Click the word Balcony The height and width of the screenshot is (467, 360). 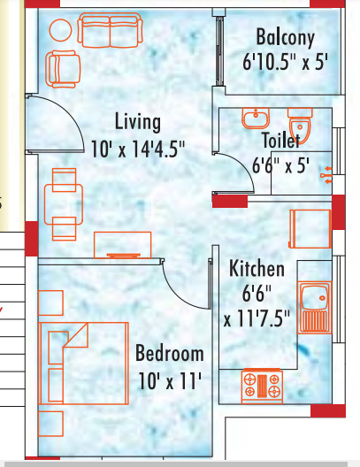(286, 37)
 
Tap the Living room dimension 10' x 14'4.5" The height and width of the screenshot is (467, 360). (138, 149)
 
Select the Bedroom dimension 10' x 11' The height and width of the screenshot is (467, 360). (170, 381)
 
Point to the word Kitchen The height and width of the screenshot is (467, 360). (257, 269)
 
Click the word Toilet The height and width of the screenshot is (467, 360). (280, 140)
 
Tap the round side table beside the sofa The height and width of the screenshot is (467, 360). (60, 30)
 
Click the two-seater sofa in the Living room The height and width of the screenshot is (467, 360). (110, 30)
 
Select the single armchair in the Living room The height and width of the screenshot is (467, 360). (63, 69)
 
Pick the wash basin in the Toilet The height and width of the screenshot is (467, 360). (256, 118)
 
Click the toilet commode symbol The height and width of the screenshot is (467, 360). (300, 125)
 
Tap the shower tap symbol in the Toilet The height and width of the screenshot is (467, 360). (326, 175)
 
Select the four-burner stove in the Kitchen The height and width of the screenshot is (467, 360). (262, 387)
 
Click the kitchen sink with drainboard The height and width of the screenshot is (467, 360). (315, 307)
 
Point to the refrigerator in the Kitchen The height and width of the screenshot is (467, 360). (310, 229)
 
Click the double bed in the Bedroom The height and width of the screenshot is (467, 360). (83, 364)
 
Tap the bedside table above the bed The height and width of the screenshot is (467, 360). (50, 302)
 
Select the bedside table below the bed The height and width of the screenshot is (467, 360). (50, 424)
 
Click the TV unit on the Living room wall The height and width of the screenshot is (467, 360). (123, 245)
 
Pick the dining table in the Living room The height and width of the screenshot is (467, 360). (64, 204)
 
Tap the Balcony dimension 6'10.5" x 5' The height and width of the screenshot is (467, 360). (285, 63)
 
